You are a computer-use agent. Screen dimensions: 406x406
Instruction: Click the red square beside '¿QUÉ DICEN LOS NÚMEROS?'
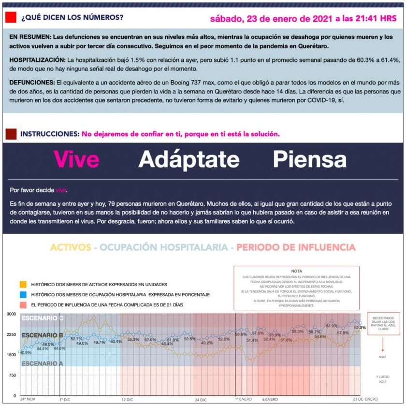coord(10,18)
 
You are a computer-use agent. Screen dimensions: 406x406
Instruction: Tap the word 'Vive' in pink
coord(76,159)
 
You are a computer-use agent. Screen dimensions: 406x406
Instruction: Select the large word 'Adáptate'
coord(189,159)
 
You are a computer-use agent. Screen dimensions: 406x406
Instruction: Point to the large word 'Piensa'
coord(309,159)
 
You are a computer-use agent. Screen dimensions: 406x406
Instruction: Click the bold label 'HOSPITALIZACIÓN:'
coord(37,59)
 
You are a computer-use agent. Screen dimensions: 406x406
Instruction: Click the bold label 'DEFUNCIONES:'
coord(31,83)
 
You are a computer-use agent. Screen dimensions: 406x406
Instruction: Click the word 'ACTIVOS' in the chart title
coord(71,247)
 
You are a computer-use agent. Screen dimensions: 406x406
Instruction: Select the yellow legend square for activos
coord(23,284)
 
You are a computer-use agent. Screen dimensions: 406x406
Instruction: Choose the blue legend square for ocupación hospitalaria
coord(23,294)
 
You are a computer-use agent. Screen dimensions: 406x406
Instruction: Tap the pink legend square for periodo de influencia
coord(23,305)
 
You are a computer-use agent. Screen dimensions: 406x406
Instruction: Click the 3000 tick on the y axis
coord(11,314)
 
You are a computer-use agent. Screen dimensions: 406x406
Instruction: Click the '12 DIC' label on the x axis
coord(127,400)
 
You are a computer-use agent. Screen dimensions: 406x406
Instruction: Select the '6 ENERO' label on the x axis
coord(270,400)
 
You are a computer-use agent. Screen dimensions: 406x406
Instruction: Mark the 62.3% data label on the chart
coord(360,328)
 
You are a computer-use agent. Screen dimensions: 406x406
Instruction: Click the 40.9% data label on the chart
coord(26,352)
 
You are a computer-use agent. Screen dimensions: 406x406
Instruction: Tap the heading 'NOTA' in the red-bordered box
coord(297,271)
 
